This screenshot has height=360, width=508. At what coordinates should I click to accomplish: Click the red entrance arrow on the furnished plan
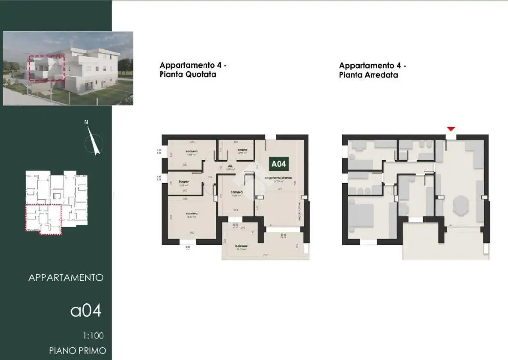point(451,129)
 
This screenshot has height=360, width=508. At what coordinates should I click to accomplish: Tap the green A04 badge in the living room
point(279,164)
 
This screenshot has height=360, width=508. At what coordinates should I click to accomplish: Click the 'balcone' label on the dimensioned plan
point(241,246)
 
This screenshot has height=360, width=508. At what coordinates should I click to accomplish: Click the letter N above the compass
point(86,122)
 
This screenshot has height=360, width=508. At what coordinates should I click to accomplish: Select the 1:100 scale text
point(93,336)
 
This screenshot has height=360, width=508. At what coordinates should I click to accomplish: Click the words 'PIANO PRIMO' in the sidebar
point(77,351)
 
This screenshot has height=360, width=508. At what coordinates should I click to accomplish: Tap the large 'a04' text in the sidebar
point(86,310)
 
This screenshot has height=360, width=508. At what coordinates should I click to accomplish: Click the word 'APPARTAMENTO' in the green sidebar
point(66,278)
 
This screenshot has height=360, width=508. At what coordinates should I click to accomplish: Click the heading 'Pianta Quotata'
point(188,75)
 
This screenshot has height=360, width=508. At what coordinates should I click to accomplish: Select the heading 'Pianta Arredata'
point(368,75)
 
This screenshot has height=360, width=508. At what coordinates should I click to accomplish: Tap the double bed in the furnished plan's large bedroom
point(362,216)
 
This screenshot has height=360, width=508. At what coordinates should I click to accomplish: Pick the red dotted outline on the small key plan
point(43,219)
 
